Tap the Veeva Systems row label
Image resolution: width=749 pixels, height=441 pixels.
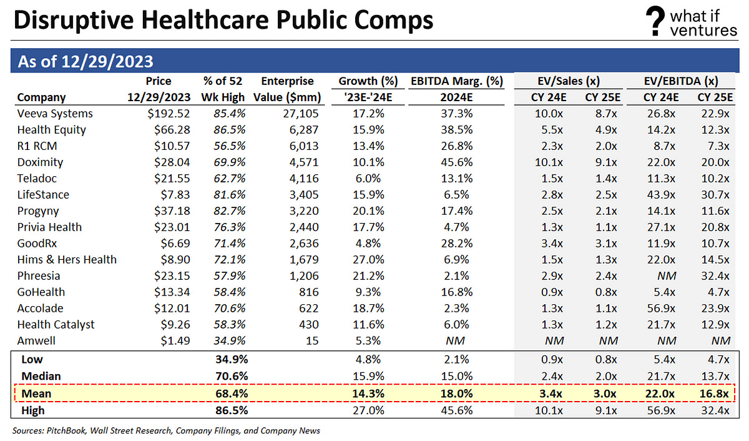(55, 114)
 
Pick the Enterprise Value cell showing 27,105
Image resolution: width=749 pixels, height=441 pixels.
(300, 114)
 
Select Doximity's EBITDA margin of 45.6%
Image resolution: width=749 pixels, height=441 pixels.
(457, 162)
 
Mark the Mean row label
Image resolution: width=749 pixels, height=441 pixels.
(36, 394)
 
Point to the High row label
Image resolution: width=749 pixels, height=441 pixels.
(34, 410)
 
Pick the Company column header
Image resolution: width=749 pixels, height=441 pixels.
(41, 97)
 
